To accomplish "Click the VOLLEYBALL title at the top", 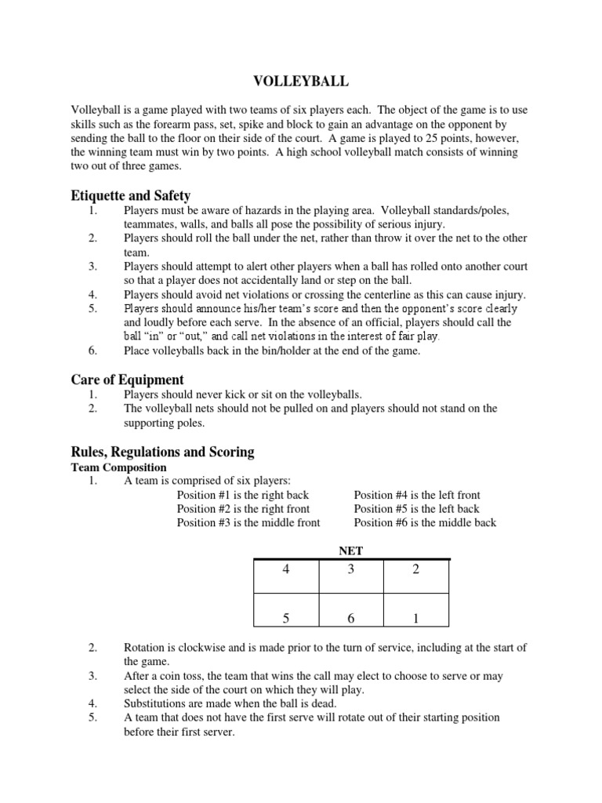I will [300, 81].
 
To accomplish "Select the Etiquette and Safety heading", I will [131, 195].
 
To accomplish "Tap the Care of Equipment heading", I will [128, 380].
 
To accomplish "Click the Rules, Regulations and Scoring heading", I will [163, 452].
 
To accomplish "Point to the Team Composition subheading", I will [118, 467].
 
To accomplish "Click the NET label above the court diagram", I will [350, 551].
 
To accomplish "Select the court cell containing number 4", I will [285, 576].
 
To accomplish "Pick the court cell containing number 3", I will [351, 576].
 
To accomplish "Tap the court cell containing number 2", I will [416, 576].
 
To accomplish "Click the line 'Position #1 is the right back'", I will [243, 495].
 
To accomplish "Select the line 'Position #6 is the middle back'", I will [425, 522].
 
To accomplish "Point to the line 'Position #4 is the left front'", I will [417, 495].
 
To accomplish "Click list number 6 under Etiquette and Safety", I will [92, 351].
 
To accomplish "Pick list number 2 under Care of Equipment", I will [92, 409].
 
